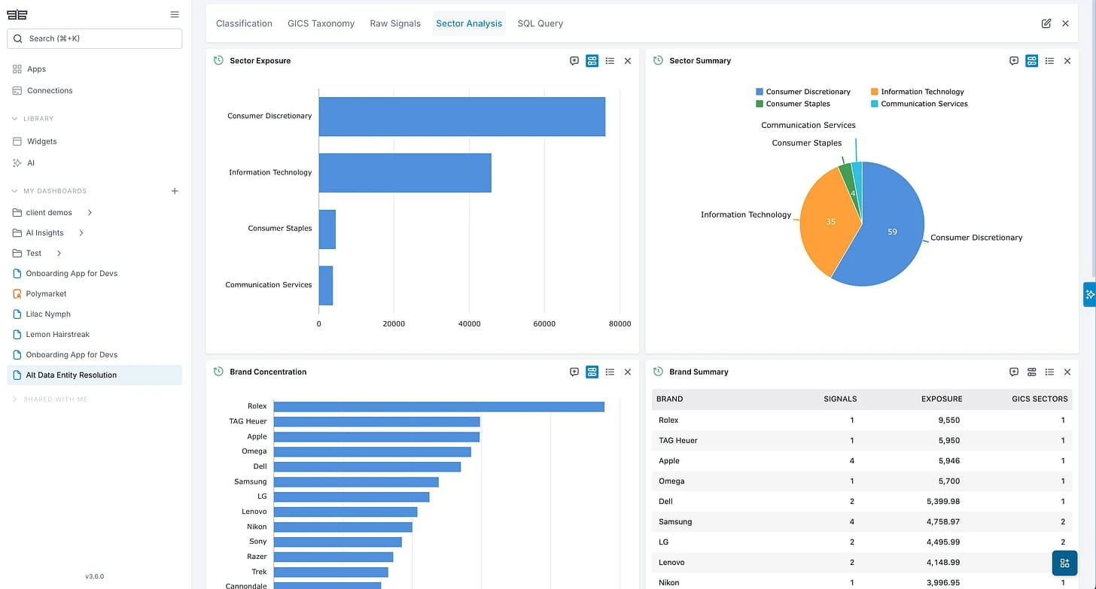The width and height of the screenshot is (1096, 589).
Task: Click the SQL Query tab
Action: point(540,23)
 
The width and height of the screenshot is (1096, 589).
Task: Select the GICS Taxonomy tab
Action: point(321,23)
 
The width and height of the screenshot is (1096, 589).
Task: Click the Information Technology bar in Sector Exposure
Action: point(405,173)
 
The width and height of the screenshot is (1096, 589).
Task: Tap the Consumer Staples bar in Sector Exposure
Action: point(327,229)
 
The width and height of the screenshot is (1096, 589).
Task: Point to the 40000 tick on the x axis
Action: point(469,323)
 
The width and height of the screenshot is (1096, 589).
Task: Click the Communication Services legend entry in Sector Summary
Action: point(924,104)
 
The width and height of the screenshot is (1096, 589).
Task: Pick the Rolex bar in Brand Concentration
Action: point(439,406)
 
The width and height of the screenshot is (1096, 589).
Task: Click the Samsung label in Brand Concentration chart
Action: point(251,481)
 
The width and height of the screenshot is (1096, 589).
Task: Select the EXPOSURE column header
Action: point(942,399)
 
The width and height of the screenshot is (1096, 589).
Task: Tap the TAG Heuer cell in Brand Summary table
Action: point(677,441)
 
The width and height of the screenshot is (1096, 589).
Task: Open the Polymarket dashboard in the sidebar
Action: point(47,293)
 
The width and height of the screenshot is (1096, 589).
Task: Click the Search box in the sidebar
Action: point(94,38)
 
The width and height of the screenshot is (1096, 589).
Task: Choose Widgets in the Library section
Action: point(41,141)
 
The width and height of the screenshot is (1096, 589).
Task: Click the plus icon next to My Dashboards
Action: point(175,191)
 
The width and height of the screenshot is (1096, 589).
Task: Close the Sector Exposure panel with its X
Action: point(628,61)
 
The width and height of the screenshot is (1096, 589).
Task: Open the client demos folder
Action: point(49,212)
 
